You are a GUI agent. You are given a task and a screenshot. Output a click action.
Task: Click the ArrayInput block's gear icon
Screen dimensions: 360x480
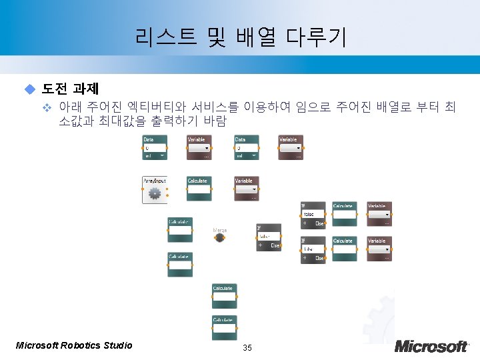click(155, 193)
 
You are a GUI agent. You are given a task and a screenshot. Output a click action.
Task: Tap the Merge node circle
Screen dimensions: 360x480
click(219, 237)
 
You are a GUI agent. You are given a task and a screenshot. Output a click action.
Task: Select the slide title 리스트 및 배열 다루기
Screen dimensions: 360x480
click(240, 37)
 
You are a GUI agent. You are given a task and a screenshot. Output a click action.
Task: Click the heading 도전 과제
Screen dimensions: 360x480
click(70, 88)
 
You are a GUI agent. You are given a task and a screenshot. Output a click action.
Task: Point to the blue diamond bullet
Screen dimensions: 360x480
click(29, 89)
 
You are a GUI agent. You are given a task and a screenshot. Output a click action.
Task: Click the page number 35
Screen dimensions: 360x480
click(247, 347)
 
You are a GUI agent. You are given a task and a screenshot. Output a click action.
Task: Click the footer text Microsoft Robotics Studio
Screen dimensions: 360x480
click(74, 345)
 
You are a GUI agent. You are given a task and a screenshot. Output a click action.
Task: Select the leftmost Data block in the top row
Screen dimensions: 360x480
click(155, 147)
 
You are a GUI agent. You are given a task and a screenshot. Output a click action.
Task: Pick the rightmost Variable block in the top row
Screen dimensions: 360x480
click(290, 147)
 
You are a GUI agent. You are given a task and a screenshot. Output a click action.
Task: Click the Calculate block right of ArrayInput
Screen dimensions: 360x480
click(199, 189)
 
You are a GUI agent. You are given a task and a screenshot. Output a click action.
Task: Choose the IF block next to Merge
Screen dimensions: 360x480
click(269, 237)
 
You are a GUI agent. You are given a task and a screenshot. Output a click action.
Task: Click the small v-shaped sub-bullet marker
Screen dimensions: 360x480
click(47, 107)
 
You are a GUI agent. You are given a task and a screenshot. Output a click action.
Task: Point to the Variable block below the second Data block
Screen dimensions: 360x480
click(246, 189)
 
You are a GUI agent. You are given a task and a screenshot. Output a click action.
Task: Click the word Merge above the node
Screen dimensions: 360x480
click(219, 230)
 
